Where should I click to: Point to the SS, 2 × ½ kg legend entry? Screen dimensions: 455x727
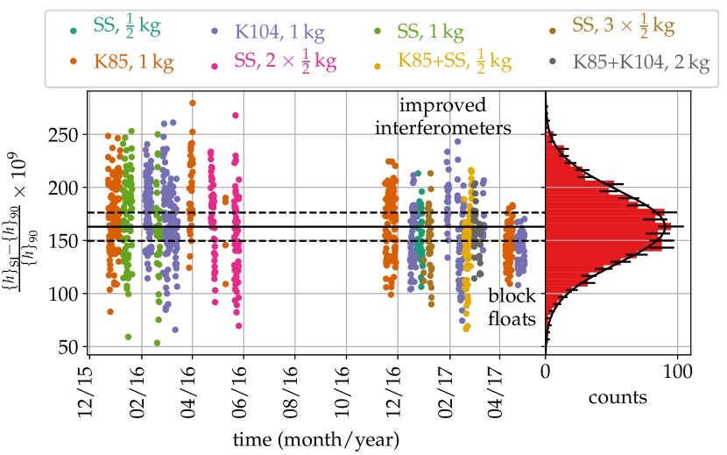tap(286, 62)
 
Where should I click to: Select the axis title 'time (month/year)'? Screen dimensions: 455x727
tap(318, 437)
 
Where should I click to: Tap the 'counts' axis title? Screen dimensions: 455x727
tap(618, 398)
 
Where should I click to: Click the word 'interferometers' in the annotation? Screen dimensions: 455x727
tap(455, 128)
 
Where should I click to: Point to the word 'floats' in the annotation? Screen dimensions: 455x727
tap(512, 320)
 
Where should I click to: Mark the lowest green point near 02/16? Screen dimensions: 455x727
tap(158, 343)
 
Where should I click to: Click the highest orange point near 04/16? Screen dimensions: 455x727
tap(193, 103)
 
